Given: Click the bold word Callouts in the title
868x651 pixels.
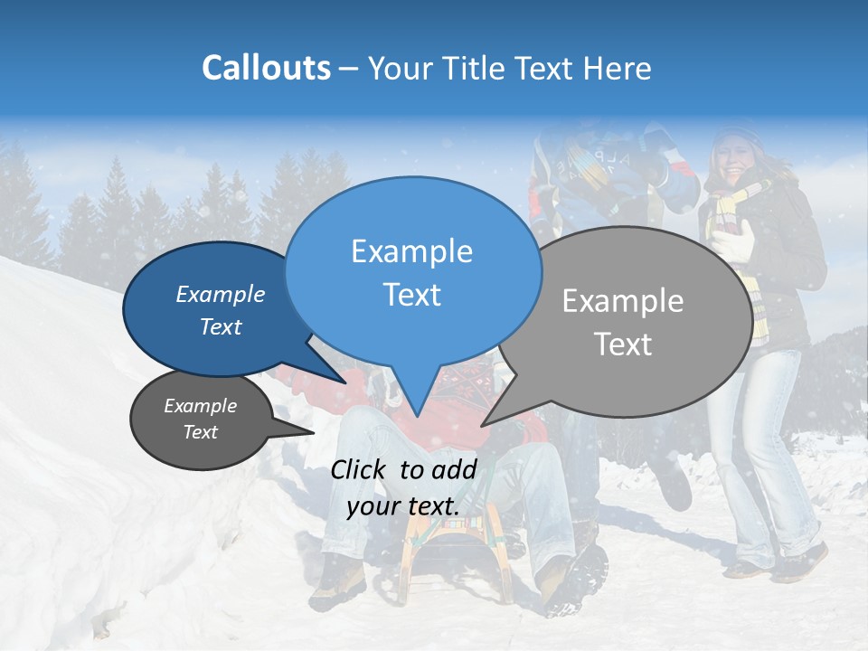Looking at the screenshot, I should click(266, 68).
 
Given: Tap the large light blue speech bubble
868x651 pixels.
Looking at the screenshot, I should click(411, 271).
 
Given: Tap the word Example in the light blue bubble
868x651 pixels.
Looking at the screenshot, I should click(411, 251).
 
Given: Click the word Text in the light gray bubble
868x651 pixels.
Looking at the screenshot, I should click(624, 344).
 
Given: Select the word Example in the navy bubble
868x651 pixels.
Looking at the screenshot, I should click(220, 294).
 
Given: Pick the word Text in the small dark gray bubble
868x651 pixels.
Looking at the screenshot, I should click(201, 432).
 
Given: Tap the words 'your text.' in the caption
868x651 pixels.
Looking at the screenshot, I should click(403, 506).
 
